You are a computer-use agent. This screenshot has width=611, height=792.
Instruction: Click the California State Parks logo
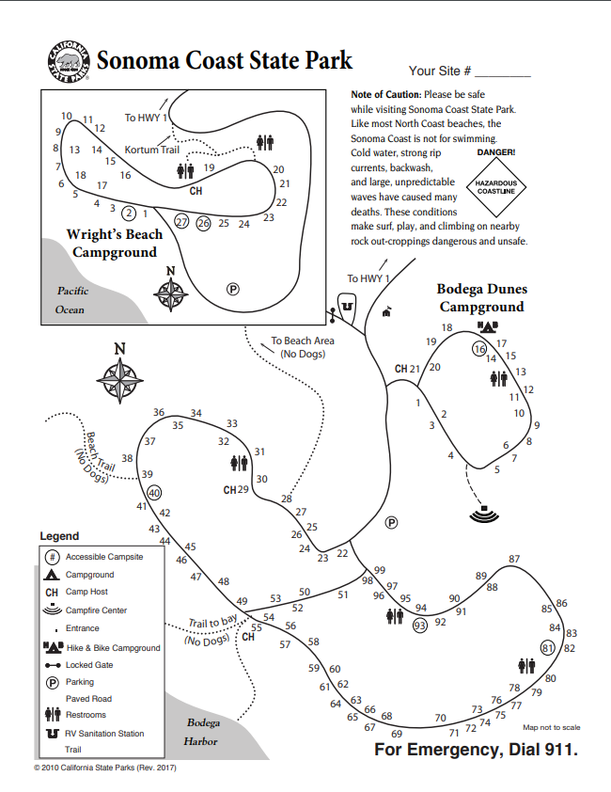pos(68,61)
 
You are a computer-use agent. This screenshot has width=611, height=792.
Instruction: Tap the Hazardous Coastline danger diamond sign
pos(495,185)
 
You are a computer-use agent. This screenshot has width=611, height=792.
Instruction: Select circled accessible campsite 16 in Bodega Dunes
pos(479,349)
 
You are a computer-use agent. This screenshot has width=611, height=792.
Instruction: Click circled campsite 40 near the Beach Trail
pos(154,492)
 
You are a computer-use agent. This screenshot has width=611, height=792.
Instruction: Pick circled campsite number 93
pos(420,625)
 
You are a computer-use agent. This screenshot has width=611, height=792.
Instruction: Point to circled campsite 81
pos(549,647)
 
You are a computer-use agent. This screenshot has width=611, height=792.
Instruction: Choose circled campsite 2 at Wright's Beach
pos(130,214)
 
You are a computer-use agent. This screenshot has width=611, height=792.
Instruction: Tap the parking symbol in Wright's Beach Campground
pos(233,289)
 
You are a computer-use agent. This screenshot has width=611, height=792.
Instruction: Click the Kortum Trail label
pos(151,150)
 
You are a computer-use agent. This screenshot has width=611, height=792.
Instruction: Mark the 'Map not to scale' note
pos(552,727)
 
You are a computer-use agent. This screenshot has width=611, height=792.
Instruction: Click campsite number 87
pos(514,560)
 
